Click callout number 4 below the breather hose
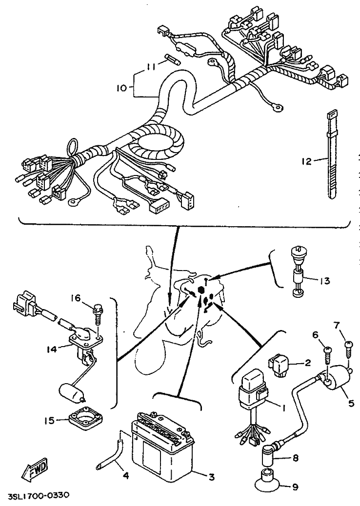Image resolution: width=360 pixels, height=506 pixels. click(126, 475)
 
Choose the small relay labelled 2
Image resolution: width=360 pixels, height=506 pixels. click(278, 365)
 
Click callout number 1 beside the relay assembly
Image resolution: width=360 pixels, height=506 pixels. click(283, 408)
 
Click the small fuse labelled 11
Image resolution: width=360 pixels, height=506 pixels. click(173, 59)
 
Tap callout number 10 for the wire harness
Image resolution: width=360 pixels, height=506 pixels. click(122, 87)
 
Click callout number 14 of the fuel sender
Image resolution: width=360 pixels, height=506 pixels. click(52, 349)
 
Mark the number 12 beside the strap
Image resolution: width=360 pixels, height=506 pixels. click(306, 161)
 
